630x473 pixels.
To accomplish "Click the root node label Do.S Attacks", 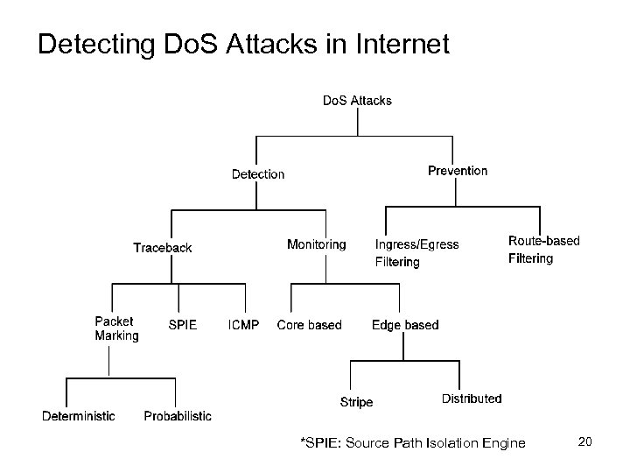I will [357, 101].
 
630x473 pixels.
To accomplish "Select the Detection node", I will [258, 174].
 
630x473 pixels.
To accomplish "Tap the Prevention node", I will [458, 171].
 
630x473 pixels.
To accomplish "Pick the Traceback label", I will [162, 248].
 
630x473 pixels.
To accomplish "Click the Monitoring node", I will [316, 244].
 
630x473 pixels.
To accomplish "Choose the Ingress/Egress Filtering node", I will [416, 253].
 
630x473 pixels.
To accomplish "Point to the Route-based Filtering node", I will [543, 250].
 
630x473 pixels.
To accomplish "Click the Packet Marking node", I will [116, 328].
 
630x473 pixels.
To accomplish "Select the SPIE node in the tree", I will [182, 325].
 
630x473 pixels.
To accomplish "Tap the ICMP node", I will [243, 325].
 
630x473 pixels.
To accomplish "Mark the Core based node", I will [309, 325].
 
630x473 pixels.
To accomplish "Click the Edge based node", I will [405, 325].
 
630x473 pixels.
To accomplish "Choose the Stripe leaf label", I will [356, 402].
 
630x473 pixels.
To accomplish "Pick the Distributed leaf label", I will [472, 399].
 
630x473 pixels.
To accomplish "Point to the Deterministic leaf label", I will [79, 416].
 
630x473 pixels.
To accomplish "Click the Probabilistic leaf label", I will [178, 416].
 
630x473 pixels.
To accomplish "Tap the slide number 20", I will [585, 441].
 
